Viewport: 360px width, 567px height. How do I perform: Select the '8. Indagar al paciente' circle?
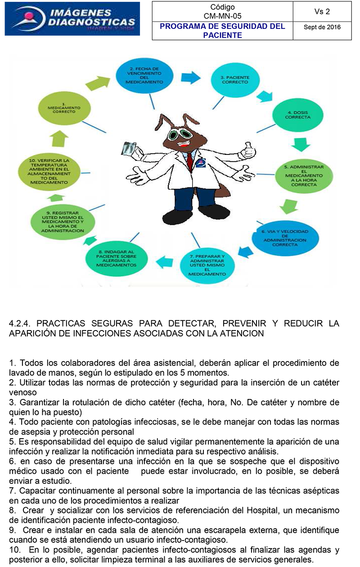[x=117, y=259]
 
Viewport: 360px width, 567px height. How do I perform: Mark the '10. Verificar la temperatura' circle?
[x=49, y=172]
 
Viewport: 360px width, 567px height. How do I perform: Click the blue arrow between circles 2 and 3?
[x=191, y=77]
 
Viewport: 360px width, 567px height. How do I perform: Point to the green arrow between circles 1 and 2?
[x=97, y=83]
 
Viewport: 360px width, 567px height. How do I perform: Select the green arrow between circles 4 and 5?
[x=301, y=145]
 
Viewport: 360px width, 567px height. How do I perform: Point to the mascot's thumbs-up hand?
[x=247, y=151]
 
